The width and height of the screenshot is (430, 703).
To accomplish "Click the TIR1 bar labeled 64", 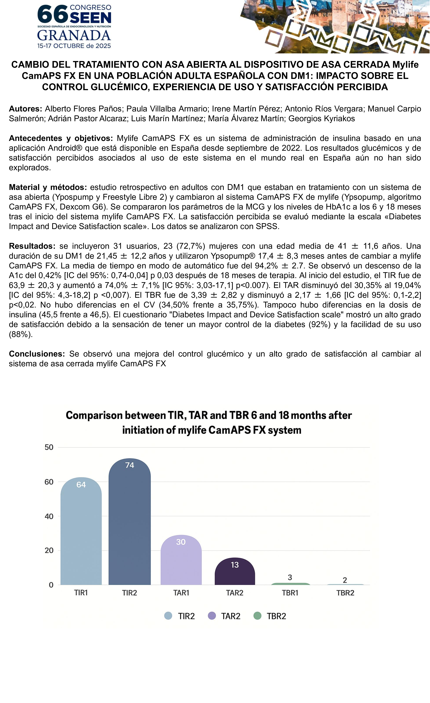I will (x=81, y=533).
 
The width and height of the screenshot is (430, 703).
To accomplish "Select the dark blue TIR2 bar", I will (x=130, y=525).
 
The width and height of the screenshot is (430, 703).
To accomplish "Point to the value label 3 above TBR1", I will (x=290, y=577).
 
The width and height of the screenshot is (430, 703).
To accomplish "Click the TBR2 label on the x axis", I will (x=345, y=593).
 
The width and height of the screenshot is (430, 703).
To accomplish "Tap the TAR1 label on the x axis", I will (x=181, y=593).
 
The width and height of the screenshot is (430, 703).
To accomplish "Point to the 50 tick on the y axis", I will (x=49, y=447).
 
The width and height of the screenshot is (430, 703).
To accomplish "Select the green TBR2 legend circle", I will (x=257, y=616).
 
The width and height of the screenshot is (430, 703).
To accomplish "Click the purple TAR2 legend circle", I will (x=212, y=616).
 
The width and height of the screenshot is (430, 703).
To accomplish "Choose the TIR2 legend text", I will (x=186, y=616).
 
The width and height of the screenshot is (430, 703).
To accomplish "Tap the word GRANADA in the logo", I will (x=74, y=36).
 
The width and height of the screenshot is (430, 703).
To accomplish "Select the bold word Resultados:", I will (x=32, y=246).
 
